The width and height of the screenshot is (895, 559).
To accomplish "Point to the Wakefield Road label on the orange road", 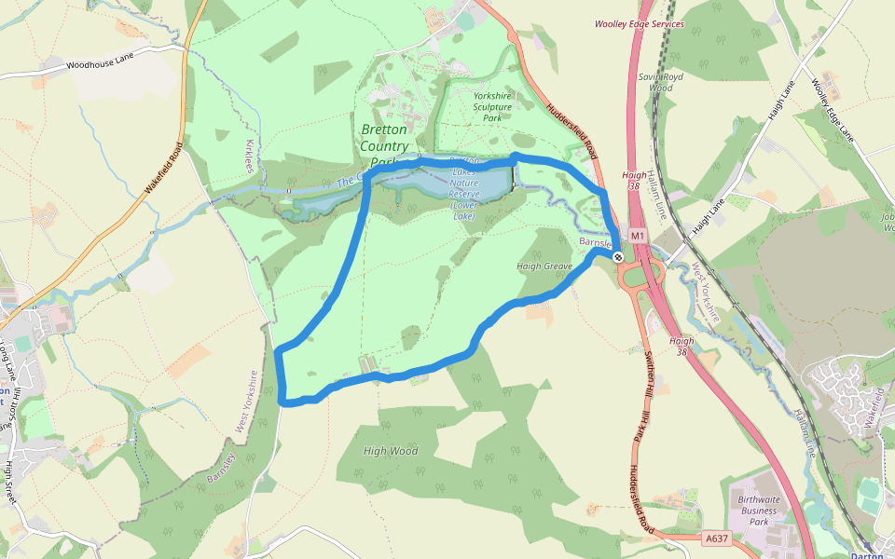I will coord(162,168).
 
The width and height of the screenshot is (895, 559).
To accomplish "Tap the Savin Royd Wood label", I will coord(662,82).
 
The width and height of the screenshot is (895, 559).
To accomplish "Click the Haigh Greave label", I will coord(544,266).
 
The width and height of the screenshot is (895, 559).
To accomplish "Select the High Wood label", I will coord(391,451).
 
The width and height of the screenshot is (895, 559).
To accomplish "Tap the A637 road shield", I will coord(716,539).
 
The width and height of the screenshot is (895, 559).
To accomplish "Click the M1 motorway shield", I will coord(638,237).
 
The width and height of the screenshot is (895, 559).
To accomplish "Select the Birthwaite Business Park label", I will coord(759,511).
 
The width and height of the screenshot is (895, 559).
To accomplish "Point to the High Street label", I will coord(11,483).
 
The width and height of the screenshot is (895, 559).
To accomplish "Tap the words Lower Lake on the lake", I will coord(463,211).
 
